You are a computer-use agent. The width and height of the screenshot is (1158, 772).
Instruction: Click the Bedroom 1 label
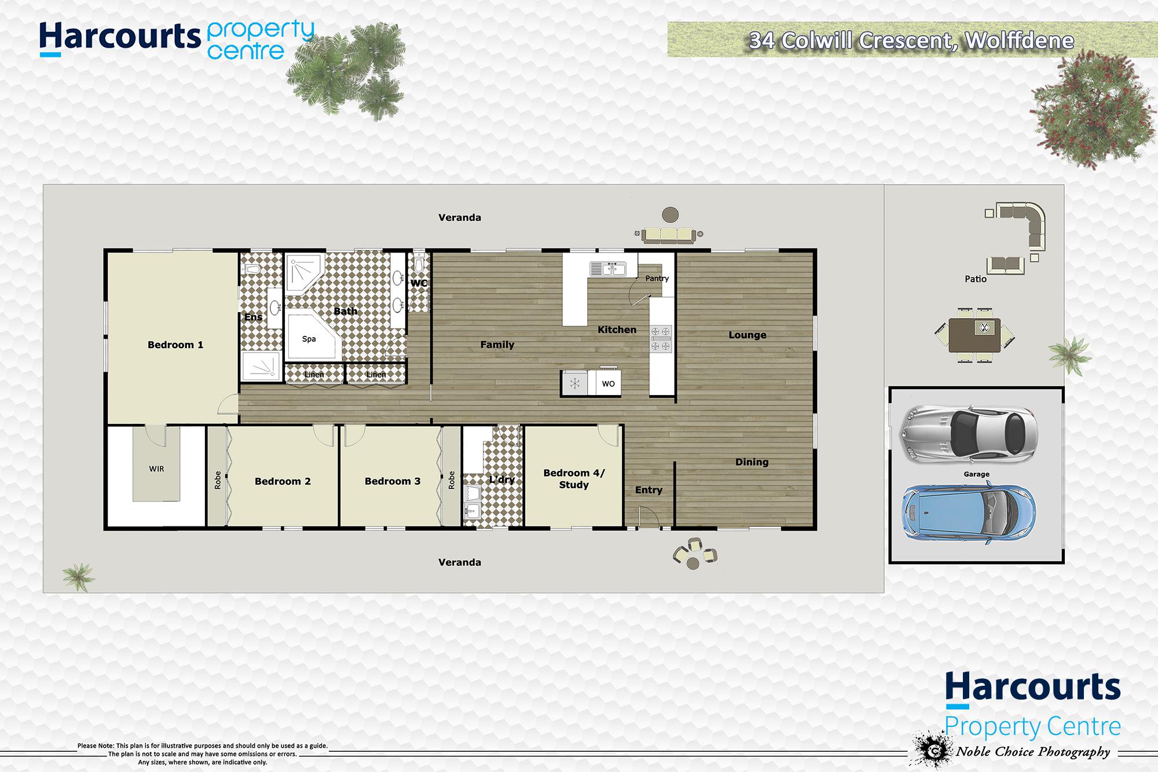tap(175, 345)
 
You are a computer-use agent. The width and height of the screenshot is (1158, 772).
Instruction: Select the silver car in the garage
tap(968, 434)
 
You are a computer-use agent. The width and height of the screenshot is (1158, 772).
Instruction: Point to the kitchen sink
tap(608, 269)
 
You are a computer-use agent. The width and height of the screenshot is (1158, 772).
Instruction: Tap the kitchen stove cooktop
tap(661, 339)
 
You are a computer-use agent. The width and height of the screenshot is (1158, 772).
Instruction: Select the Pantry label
tap(657, 279)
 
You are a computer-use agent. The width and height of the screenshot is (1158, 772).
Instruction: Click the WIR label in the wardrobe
tap(156, 469)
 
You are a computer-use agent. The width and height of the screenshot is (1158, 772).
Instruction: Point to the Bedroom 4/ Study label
tap(574, 479)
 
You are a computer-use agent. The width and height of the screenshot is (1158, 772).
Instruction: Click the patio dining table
tap(974, 335)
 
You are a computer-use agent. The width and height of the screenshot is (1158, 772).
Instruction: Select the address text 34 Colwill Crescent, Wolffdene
tap(911, 41)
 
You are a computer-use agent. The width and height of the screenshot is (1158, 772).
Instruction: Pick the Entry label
tap(648, 490)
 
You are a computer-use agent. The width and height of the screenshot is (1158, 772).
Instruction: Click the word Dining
tap(752, 462)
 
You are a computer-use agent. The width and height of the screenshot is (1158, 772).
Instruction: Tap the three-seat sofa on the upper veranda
tap(669, 235)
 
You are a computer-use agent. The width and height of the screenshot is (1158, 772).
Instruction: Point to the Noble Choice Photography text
tap(1033, 752)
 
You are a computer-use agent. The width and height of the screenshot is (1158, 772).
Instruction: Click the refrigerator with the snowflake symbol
tap(575, 383)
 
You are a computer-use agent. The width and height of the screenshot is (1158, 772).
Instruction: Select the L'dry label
tap(501, 480)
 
